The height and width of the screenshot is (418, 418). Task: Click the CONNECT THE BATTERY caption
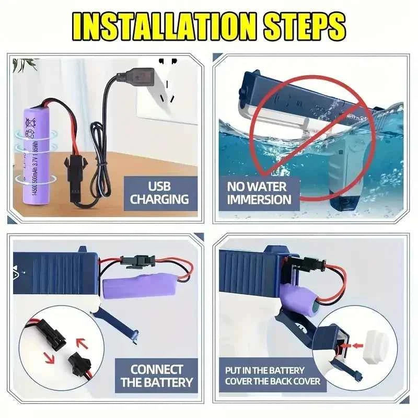click(x=156, y=376)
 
